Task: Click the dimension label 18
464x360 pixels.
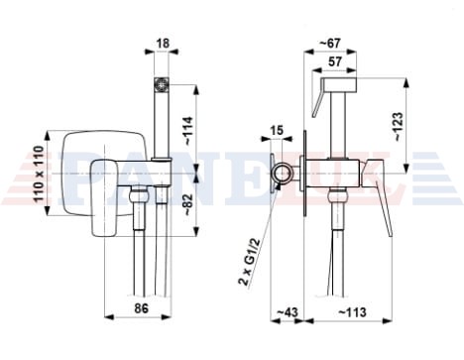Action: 162,43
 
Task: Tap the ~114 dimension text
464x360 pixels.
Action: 188,131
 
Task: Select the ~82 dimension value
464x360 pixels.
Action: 188,205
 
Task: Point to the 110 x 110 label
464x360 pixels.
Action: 39,174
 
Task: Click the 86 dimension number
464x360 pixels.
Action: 142,308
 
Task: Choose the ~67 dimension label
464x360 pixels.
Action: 330,43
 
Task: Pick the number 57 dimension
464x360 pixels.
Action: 334,61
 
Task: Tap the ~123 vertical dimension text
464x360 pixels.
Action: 399,127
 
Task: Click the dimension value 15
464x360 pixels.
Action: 277,130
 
